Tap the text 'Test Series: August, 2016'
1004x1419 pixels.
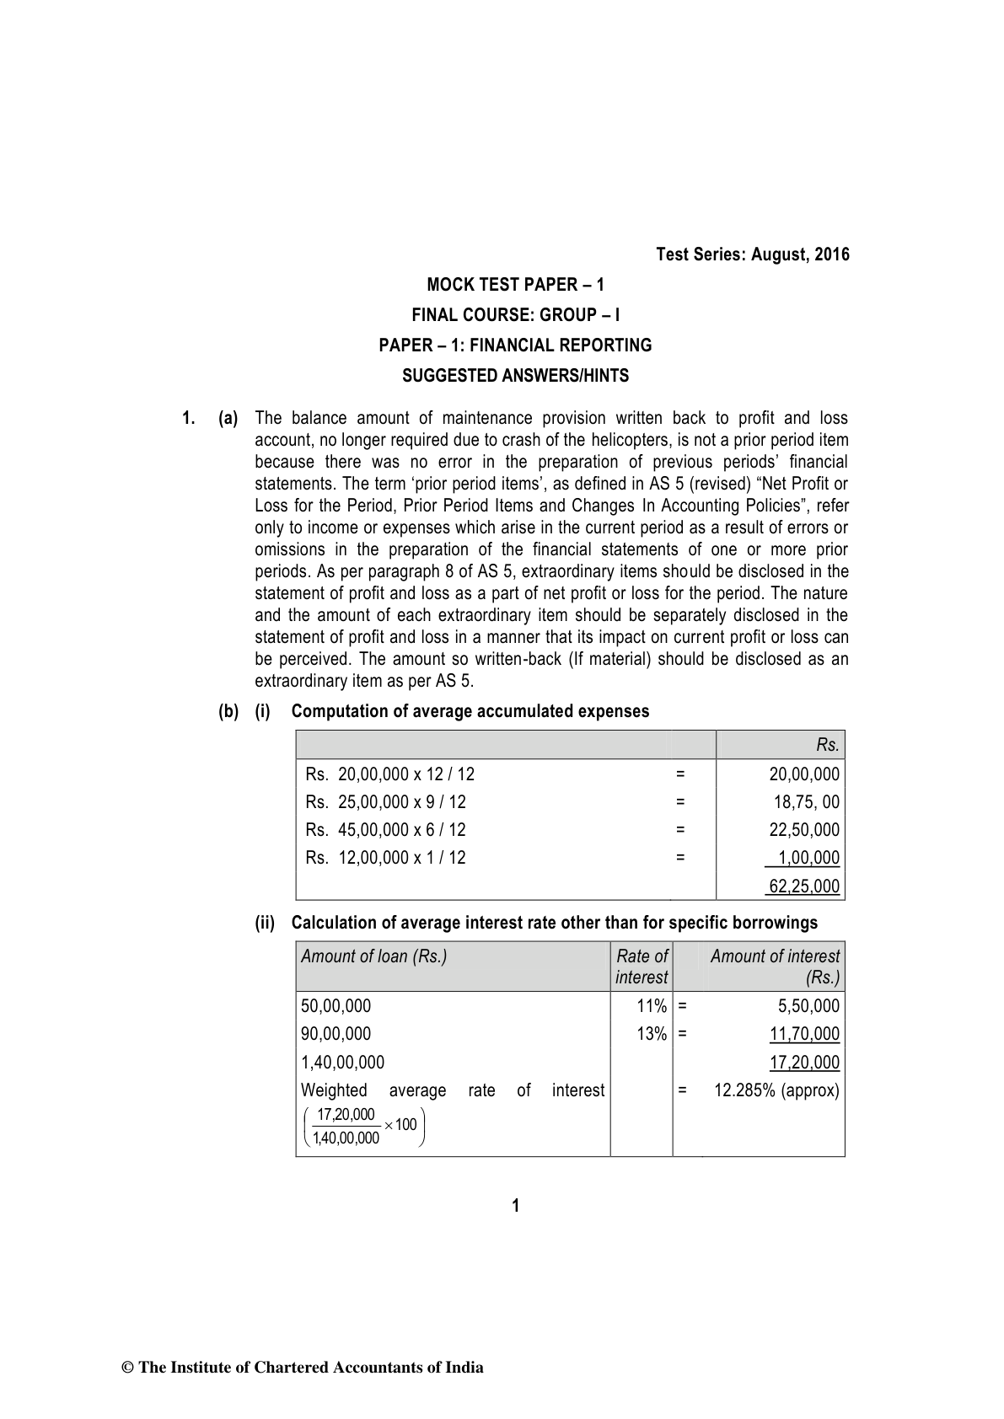[x=753, y=254]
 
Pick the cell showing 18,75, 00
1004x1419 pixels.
[x=807, y=802]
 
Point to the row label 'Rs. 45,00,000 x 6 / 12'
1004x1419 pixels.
[x=385, y=830]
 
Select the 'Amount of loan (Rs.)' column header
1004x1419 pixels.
[x=373, y=956]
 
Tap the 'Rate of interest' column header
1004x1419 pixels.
[x=642, y=967]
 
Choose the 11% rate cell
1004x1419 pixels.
[x=652, y=1006]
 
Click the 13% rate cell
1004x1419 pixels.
[x=652, y=1034]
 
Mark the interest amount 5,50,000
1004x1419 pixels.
[x=808, y=1006]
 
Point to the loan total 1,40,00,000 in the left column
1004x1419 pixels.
[x=342, y=1063]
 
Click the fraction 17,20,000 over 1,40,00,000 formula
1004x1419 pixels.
[x=362, y=1127]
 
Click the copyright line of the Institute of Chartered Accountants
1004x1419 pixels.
[x=303, y=1368]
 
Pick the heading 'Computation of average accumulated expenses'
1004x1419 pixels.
[x=470, y=711]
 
